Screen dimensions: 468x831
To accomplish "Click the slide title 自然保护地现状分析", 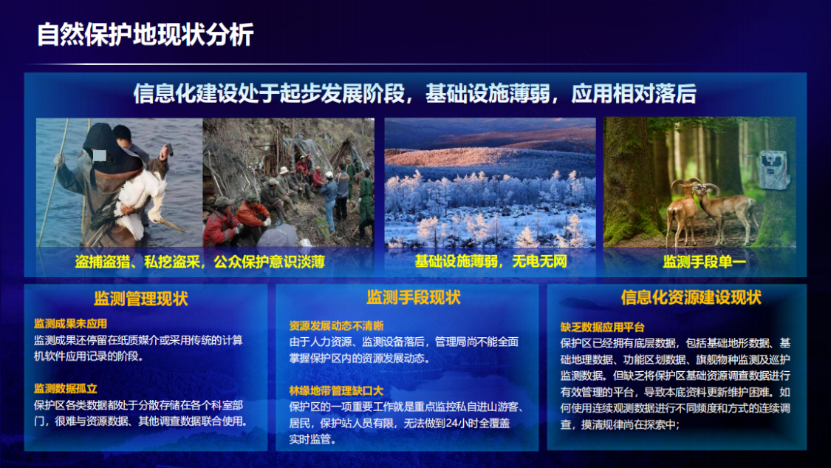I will [x=146, y=35].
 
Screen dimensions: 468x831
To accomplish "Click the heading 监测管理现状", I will [x=140, y=299].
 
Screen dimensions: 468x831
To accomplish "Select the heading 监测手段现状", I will [x=413, y=297].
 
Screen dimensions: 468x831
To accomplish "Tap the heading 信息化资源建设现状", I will [x=691, y=297].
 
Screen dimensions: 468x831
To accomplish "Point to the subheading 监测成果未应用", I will [x=70, y=324].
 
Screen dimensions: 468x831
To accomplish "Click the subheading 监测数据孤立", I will [x=65, y=388].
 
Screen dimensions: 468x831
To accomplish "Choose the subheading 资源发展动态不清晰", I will [x=336, y=325].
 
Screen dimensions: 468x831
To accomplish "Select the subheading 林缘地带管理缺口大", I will [x=336, y=390].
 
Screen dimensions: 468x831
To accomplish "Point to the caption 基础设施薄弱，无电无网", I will [x=490, y=261].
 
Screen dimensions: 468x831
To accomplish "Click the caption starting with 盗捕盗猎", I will [x=199, y=262].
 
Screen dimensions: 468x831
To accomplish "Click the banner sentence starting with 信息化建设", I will [x=414, y=94].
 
